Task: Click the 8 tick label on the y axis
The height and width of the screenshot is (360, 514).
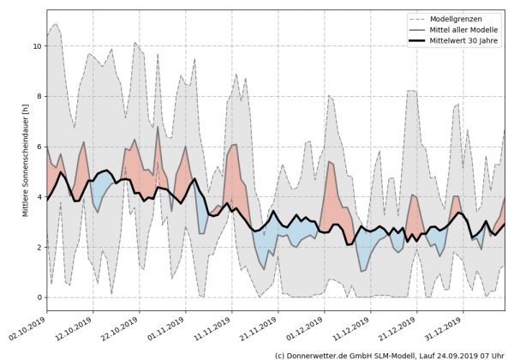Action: click(39, 97)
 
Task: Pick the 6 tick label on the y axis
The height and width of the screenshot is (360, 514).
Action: click(39, 147)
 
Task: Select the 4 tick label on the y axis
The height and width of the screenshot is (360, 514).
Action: click(39, 197)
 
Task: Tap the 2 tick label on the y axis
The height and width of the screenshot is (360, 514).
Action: click(39, 247)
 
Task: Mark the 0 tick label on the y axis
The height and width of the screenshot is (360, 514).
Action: click(39, 297)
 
